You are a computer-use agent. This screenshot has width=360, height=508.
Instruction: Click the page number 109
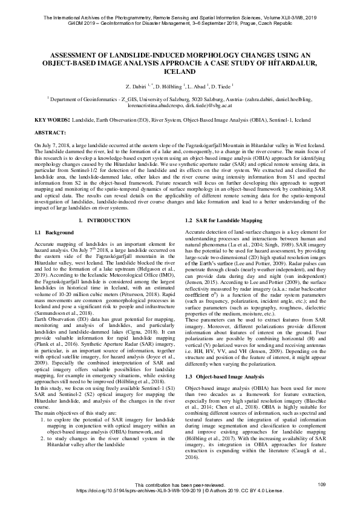(321, 484)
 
